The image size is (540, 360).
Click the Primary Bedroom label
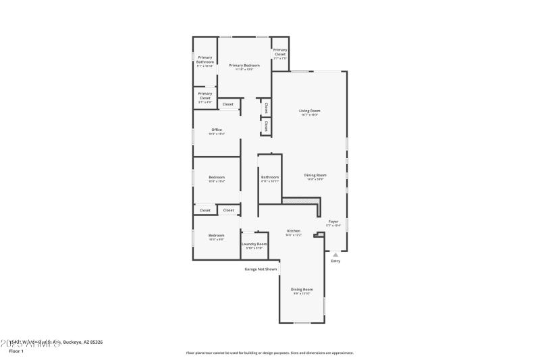coord(244,66)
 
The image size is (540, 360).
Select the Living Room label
coord(310,111)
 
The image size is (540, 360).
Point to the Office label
coord(217,130)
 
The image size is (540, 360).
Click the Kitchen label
coord(293,231)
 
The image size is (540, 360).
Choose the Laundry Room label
coord(254,244)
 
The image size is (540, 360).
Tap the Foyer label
coord(333,222)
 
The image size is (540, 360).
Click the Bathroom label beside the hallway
coord(270,178)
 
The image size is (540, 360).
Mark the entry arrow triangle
coord(335,255)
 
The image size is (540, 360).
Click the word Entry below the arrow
coord(335,261)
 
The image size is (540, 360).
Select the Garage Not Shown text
coord(261,269)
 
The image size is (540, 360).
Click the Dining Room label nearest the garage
coord(302,289)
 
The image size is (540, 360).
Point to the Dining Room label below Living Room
coord(315,176)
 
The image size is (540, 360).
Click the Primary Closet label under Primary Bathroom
coord(205,96)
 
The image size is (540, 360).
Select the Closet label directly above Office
coord(228,105)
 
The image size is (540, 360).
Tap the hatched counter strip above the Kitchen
coord(300,201)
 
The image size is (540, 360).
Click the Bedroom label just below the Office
coord(217,178)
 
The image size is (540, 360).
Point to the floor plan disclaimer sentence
coord(270,353)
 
